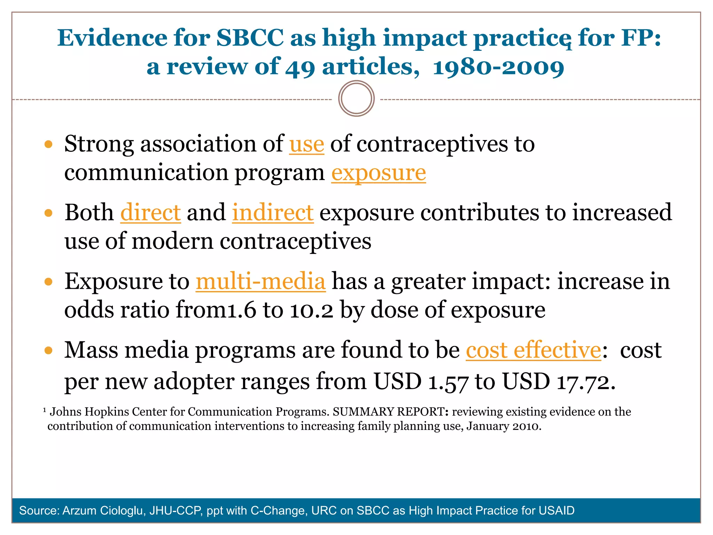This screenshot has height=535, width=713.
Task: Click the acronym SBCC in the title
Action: pos(250,38)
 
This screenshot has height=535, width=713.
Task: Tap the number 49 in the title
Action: pos(300,68)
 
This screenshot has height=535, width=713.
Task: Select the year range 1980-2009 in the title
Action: pos(498,68)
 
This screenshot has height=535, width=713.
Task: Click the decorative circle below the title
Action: pos(356,99)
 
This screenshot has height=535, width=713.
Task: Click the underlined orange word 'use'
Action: pos(307,144)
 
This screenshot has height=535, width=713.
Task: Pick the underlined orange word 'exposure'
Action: pos(378,173)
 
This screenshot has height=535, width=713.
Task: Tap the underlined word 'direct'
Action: pos(150,212)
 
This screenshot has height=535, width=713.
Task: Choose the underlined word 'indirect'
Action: pos(273,212)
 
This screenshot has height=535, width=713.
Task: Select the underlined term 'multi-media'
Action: pos(260,281)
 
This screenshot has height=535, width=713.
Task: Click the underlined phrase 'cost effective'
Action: pos(533,350)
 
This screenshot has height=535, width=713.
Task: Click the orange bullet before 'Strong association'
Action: pos(48,144)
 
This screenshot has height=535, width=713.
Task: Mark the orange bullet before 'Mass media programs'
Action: pos(48,350)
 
